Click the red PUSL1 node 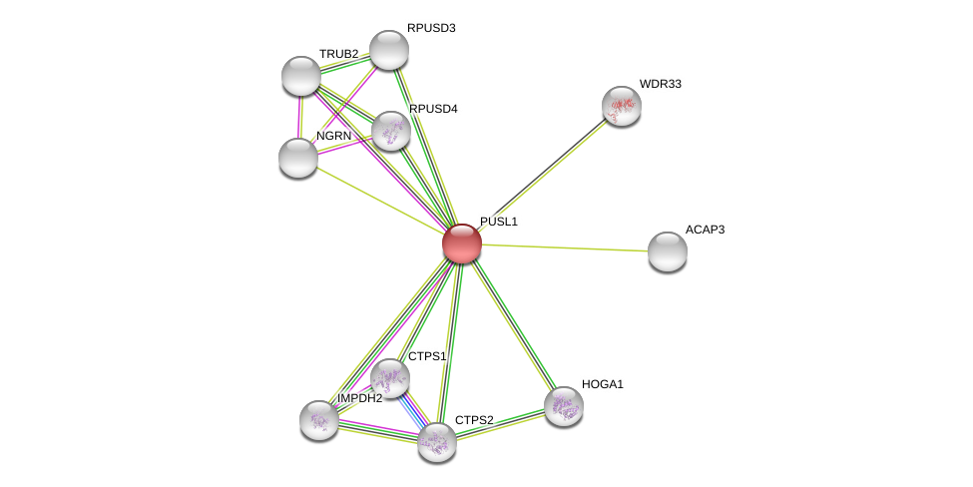462,243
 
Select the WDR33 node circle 621,105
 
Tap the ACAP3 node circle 667,250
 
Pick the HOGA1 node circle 563,405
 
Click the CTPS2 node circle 436,441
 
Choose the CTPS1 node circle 390,378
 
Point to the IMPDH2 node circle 319,419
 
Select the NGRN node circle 297,157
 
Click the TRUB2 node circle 300,76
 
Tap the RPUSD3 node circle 388,50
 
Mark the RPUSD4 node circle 390,130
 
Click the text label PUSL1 498,222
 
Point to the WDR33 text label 660,84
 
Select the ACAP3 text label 705,230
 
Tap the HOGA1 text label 602,384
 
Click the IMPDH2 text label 359,398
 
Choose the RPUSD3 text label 431,28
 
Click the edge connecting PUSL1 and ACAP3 564,247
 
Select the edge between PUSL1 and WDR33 544,172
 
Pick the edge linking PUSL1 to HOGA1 513,324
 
